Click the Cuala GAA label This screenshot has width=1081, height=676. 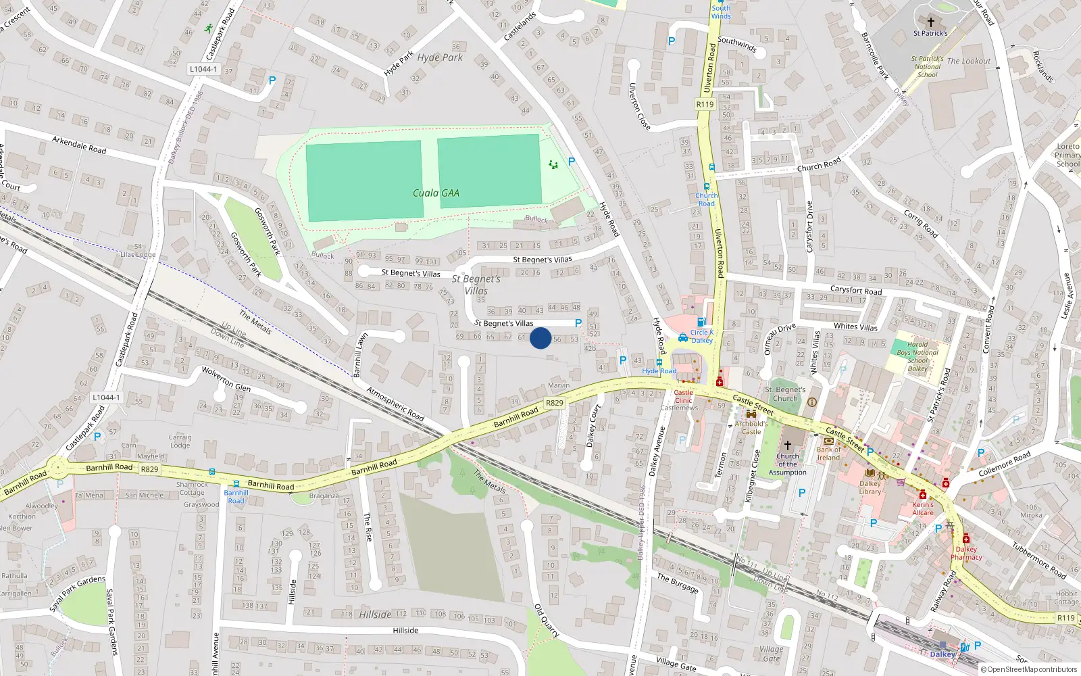[x=436, y=193]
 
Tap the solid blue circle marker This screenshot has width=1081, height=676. [x=540, y=338]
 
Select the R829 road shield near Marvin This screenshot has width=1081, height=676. [x=554, y=403]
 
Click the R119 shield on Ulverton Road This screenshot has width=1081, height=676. [x=705, y=104]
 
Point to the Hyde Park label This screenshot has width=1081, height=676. [x=440, y=57]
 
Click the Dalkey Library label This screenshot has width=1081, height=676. [x=870, y=487]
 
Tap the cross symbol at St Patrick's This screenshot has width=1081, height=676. [x=930, y=22]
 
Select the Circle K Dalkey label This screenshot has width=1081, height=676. [x=702, y=336]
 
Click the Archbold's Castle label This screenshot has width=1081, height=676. [x=751, y=427]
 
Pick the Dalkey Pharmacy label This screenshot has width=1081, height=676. [x=966, y=553]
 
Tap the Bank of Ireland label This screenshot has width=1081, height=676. [x=829, y=453]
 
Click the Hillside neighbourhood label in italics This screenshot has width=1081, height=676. [x=375, y=614]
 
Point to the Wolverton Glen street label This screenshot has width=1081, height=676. [x=226, y=379]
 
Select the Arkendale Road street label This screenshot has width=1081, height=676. [x=79, y=145]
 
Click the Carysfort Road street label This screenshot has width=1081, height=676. [x=855, y=291]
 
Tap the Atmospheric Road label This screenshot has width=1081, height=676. [x=395, y=404]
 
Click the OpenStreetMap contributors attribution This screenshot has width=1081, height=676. [x=1028, y=670]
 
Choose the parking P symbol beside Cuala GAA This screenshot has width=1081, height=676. [x=572, y=162]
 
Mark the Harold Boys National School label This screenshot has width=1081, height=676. [x=917, y=356]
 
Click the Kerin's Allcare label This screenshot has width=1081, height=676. [x=923, y=508]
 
